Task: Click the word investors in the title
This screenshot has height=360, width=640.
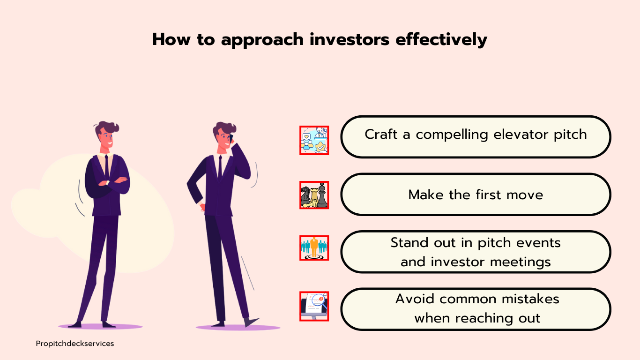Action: [x=349, y=39]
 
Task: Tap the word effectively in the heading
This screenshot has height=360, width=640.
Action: [x=441, y=39]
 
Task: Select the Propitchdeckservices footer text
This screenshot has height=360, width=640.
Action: [x=75, y=344]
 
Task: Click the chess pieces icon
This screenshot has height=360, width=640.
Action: [x=314, y=195]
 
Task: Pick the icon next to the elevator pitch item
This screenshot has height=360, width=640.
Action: [x=314, y=141]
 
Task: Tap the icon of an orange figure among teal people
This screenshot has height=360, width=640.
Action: [x=314, y=248]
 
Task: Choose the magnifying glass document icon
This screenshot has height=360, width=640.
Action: [x=314, y=306]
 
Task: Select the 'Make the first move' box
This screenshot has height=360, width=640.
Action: [x=476, y=195]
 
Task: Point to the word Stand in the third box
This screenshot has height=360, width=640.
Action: [x=409, y=242]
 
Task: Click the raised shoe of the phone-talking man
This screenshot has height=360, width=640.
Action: [x=251, y=322]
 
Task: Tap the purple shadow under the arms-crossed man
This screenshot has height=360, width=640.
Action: [x=100, y=326]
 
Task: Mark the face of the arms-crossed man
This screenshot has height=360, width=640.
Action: [x=106, y=139]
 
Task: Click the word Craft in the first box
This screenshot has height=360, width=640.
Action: [x=381, y=134]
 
